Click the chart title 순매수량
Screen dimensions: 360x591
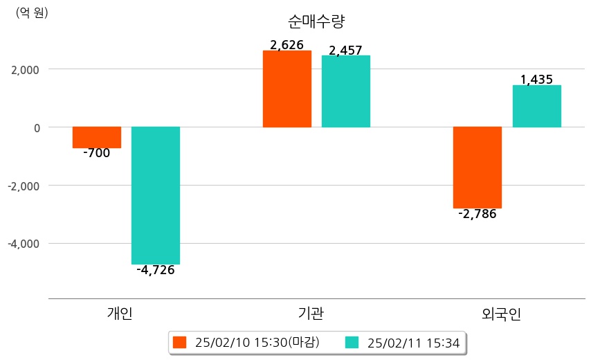coord(316,21)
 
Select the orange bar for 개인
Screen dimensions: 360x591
coord(97,137)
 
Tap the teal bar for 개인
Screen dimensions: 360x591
coord(156,195)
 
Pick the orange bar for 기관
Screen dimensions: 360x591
coord(287,89)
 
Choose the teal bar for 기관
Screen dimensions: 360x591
coord(346,91)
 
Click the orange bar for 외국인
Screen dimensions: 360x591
coord(478,168)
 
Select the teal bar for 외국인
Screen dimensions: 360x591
coord(536,106)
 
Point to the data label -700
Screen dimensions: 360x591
coord(96,154)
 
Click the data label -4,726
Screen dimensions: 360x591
coord(156,270)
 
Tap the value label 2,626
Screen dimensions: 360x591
coord(287,45)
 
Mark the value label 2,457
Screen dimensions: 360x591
coord(346,50)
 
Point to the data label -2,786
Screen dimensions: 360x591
coord(478,214)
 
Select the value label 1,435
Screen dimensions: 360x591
coord(536,80)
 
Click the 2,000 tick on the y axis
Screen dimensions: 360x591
coord(25,69)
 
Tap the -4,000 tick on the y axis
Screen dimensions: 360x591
coord(24,244)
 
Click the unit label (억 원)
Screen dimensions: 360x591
coord(32,13)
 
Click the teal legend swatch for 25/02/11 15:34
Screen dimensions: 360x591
coord(352,343)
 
